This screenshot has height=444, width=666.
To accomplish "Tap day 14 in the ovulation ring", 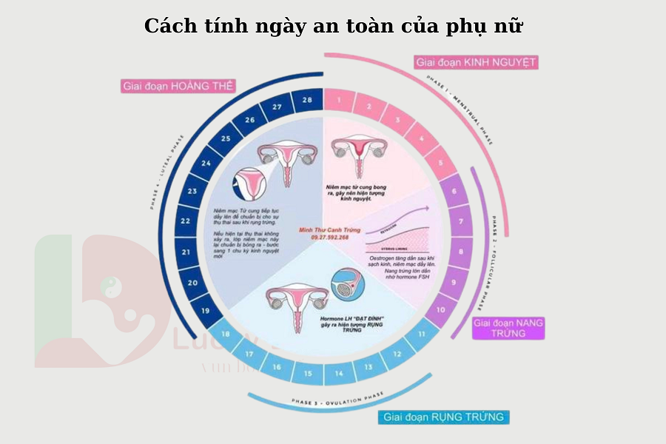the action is coord(338,373).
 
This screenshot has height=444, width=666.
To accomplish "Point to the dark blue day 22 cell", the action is coord(186,221).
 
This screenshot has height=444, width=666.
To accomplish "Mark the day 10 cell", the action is coord(440,311).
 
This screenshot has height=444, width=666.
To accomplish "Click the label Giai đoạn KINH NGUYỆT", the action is coord(475,62).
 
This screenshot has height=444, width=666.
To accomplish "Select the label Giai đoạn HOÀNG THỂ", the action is coord(178,86).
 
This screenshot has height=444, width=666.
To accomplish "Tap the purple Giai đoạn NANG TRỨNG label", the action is coord(508,328).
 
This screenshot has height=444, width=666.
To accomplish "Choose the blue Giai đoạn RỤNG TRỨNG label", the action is coord(443,417).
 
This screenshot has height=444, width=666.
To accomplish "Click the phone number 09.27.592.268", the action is coord(323,238).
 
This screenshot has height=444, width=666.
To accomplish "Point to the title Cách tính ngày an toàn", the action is coord(333,26).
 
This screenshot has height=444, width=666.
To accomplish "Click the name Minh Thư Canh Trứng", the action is coord(324,229).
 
